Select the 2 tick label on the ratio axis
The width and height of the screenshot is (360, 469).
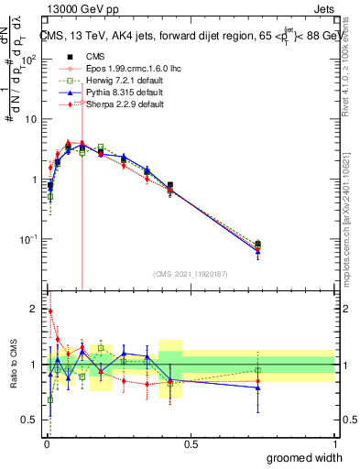[x=34, y=307]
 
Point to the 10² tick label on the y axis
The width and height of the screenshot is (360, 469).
[x=29, y=59]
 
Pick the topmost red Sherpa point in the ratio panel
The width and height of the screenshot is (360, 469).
[x=50, y=311]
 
